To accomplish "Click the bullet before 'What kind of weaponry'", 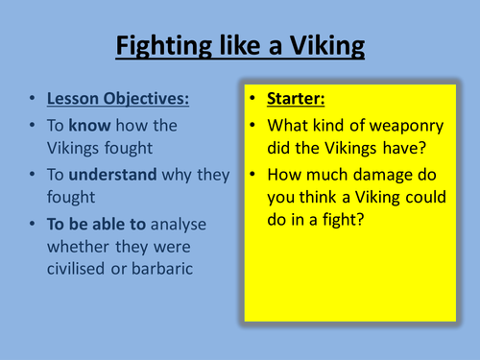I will click(251, 125).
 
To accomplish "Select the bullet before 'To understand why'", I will click(33, 175).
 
